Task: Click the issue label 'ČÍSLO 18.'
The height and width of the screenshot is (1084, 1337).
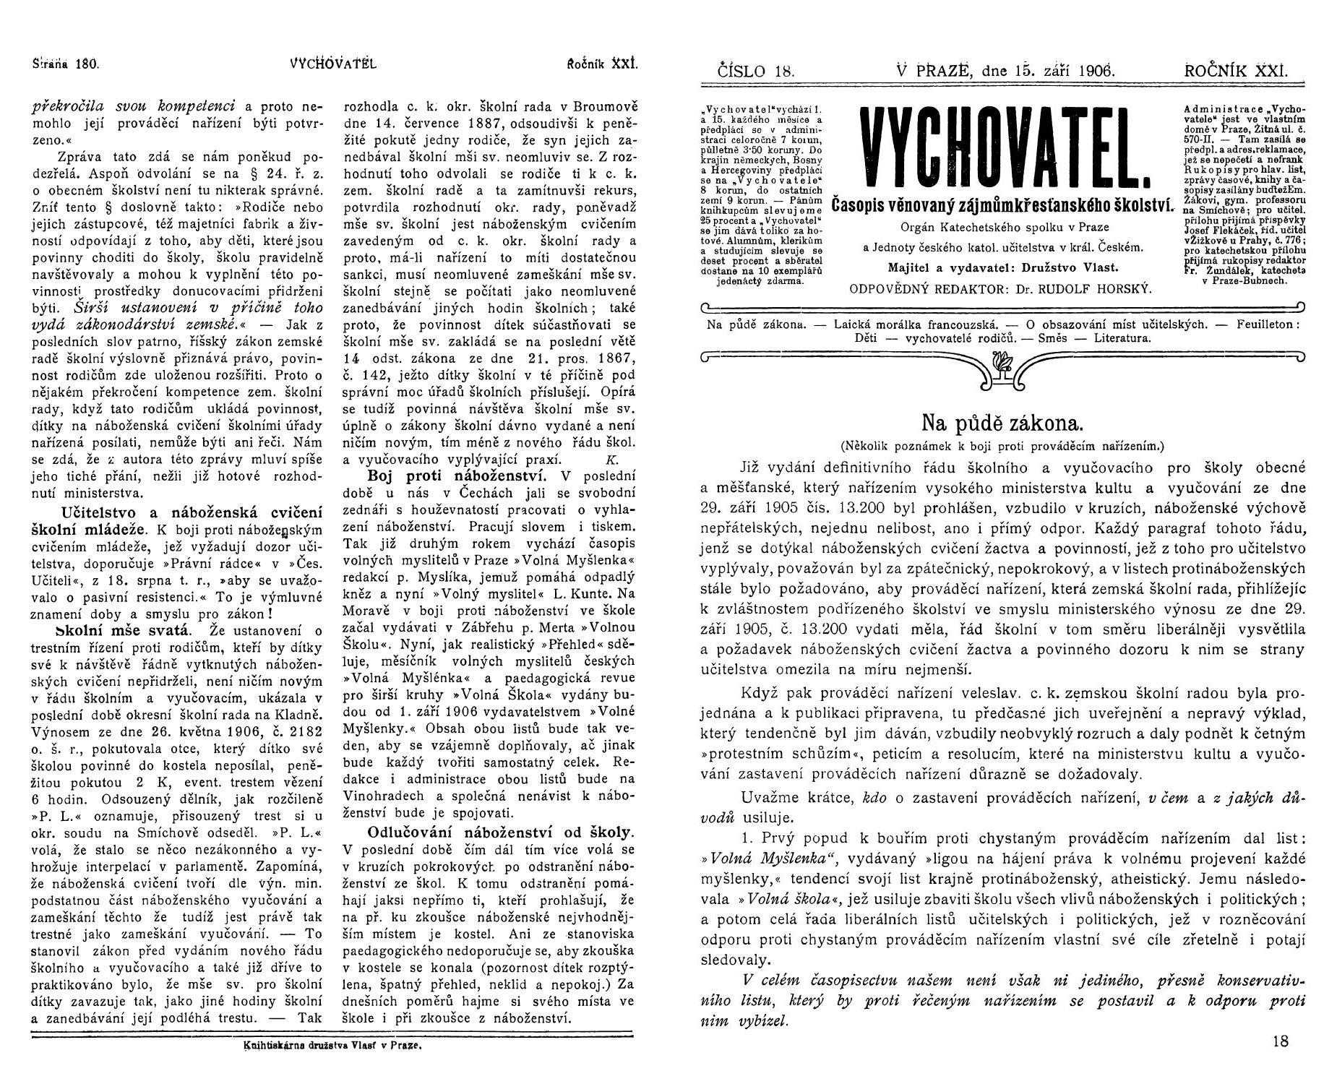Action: click(756, 71)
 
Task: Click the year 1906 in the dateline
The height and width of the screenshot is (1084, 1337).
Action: click(1092, 71)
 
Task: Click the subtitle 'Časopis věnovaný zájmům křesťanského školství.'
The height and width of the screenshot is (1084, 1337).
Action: click(1002, 205)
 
